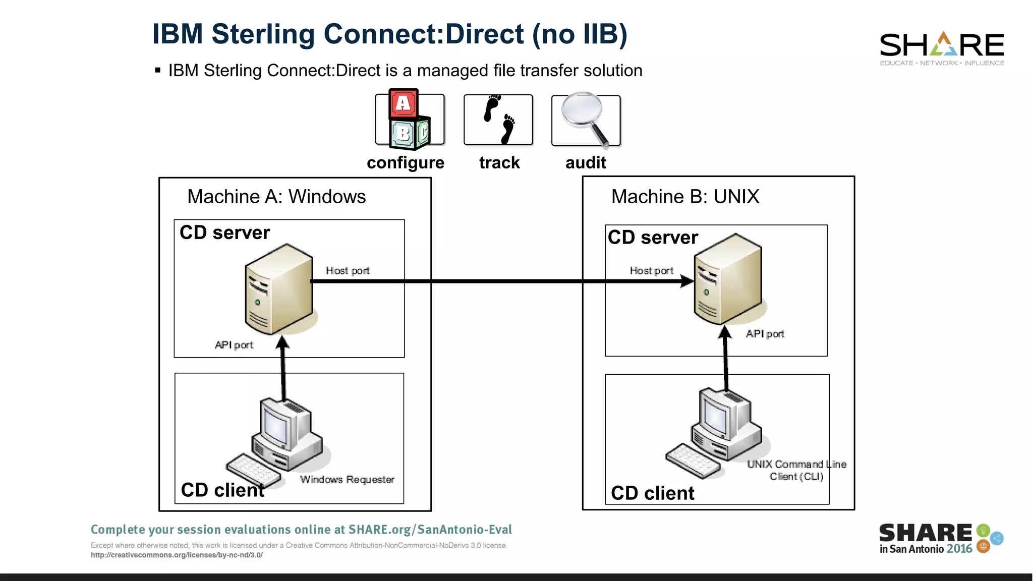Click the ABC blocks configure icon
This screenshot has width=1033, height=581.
[x=410, y=120]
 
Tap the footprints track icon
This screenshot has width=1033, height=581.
[x=498, y=120]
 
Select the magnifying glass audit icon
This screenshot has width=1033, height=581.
[x=586, y=120]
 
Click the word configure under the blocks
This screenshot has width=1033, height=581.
[x=406, y=163]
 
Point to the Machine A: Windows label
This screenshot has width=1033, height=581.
[x=276, y=197]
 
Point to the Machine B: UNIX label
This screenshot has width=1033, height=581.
[x=685, y=197]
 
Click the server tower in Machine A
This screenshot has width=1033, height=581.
[x=279, y=289]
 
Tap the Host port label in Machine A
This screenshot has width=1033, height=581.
[x=348, y=271]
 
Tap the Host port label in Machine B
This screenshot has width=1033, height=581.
[x=651, y=271]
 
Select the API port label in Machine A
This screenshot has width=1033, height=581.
[x=234, y=345]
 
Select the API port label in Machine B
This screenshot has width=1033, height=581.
[x=765, y=334]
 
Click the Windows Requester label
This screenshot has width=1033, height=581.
[x=347, y=480]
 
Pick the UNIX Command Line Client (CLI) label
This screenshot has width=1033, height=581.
[x=796, y=470]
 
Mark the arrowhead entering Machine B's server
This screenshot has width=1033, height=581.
[x=687, y=281]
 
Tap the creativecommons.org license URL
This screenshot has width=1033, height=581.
[x=177, y=555]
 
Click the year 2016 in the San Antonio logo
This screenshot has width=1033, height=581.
[x=959, y=549]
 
